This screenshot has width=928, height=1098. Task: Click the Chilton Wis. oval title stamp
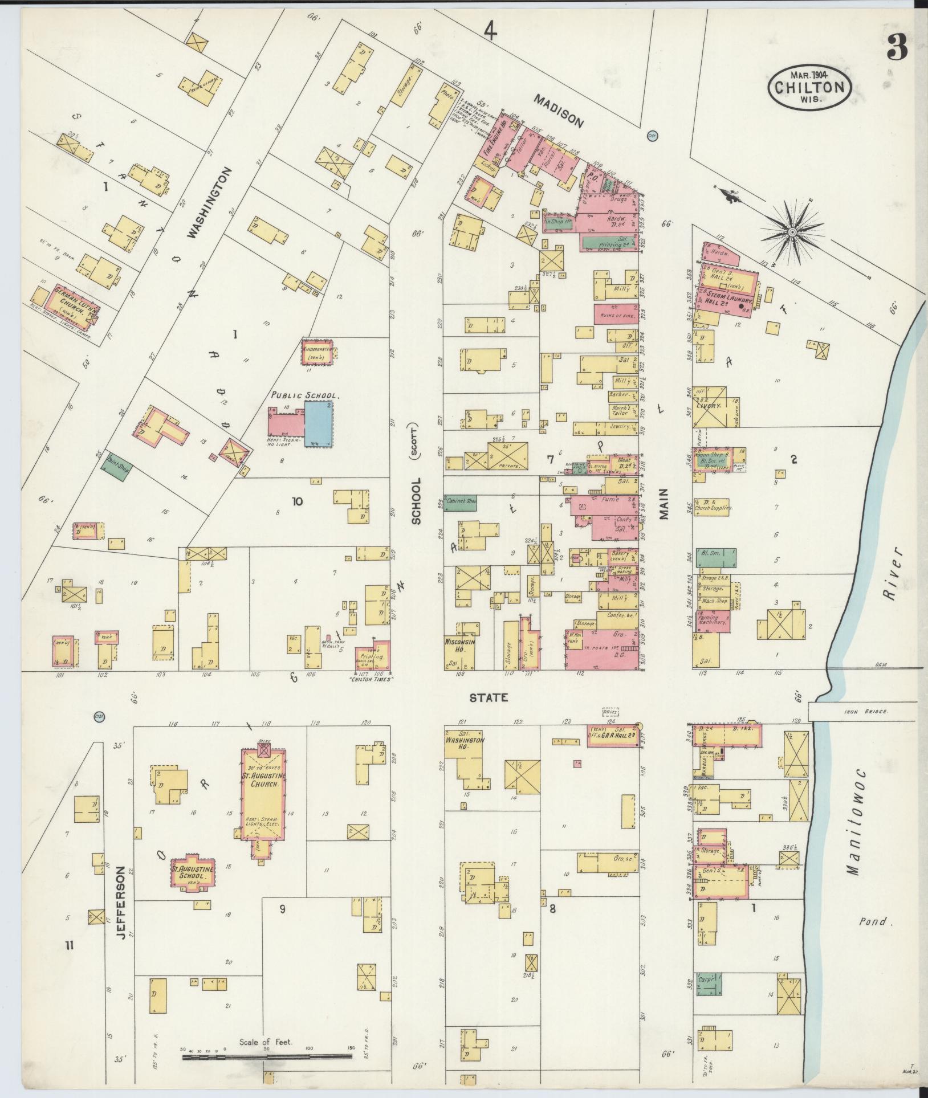click(810, 87)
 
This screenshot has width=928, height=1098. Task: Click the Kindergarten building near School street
click(317, 351)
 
